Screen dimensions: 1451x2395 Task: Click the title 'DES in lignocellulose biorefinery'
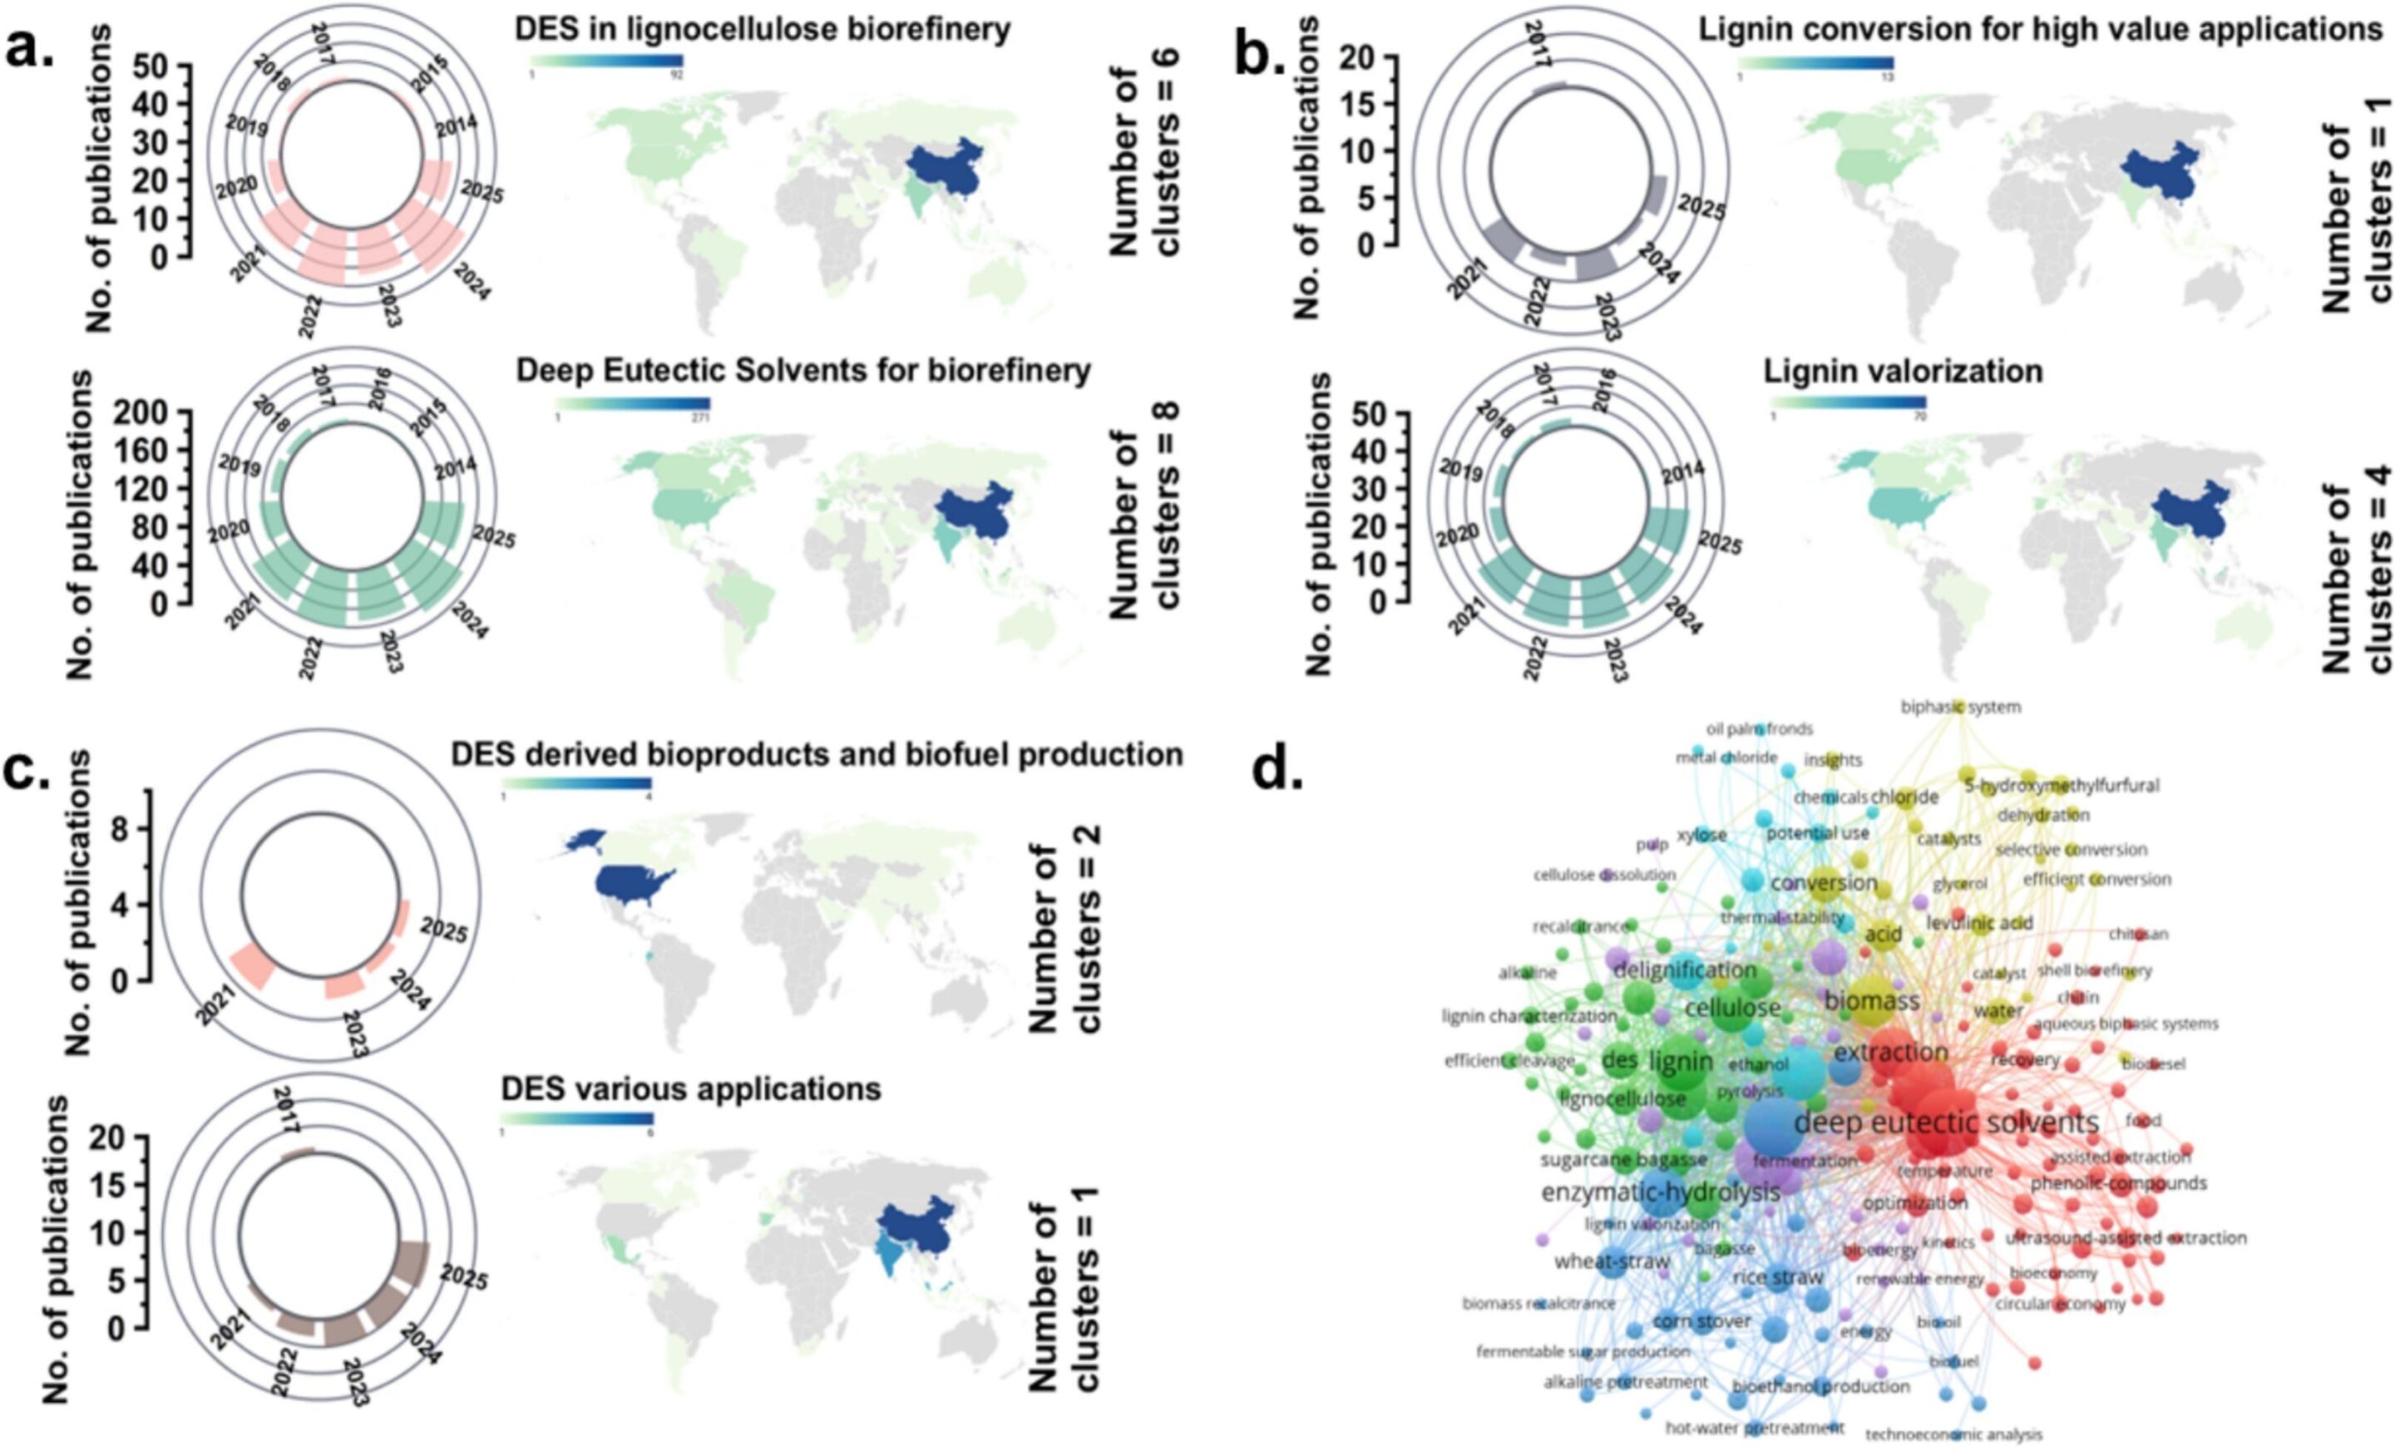[x=763, y=29]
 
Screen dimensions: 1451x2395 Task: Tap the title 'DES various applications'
[x=690, y=1088]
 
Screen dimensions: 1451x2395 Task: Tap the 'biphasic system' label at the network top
[x=1961, y=708]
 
